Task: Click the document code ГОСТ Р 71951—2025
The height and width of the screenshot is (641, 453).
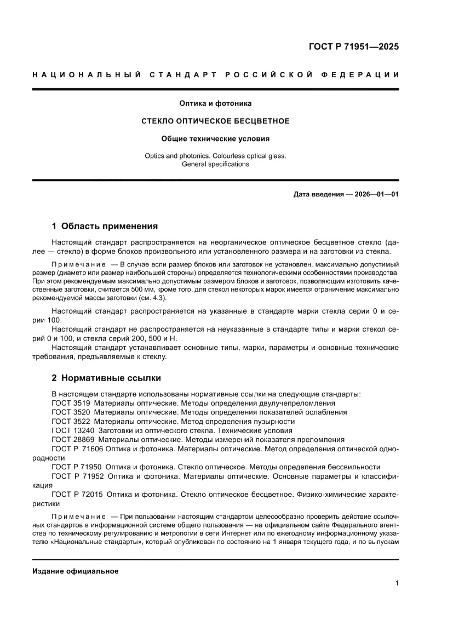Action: pyautogui.click(x=353, y=47)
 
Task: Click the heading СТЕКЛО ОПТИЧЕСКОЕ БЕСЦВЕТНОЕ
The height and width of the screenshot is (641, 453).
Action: pyautogui.click(x=215, y=121)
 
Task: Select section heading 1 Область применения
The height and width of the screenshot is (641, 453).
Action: pyautogui.click(x=105, y=226)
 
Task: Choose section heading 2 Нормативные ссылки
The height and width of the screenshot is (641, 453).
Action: pyautogui.click(x=106, y=378)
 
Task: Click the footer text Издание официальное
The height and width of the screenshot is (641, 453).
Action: pyautogui.click(x=76, y=571)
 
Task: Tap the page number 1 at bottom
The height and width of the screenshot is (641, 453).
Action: pyautogui.click(x=396, y=583)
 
